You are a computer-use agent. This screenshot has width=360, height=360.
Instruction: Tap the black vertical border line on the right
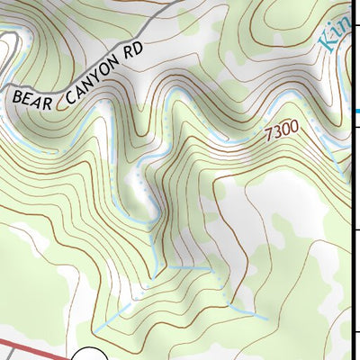pos(349,225)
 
